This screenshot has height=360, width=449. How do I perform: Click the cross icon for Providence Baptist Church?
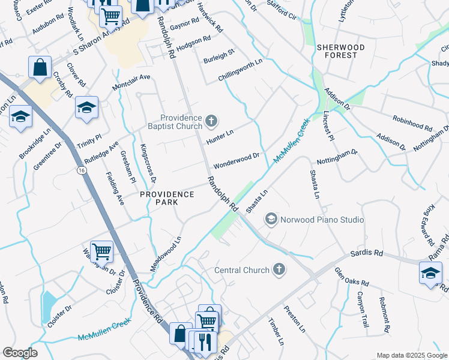click(211, 122)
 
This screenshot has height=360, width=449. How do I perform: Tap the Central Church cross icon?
click(279, 270)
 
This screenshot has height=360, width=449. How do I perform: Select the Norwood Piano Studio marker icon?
click(271, 220)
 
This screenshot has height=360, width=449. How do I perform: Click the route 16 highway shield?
click(80, 170)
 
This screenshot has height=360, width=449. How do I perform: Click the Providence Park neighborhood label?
click(167, 198)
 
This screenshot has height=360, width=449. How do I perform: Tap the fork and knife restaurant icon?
click(205, 341)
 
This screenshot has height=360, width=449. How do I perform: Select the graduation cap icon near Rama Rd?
click(430, 273)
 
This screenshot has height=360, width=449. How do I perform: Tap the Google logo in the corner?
click(19, 353)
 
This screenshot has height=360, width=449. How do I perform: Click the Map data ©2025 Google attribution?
click(411, 355)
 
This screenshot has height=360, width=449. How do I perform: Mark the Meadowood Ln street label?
click(165, 253)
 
